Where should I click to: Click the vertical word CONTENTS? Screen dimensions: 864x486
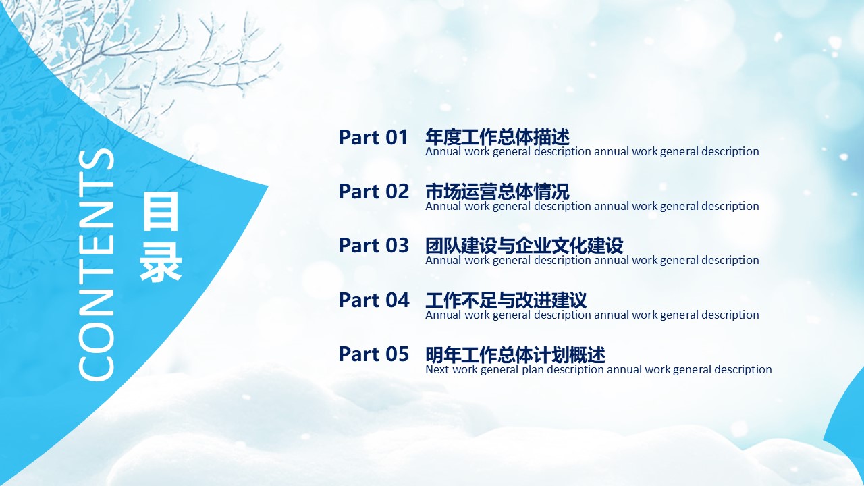coord(97,265)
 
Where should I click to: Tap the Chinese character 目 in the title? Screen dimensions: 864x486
coord(161,212)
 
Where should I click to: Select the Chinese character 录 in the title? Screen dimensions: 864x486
coord(161,262)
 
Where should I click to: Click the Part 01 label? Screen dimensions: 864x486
coord(373,137)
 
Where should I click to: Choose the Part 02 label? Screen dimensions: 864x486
coord(373,191)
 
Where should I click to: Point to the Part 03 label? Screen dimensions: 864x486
coord(373,245)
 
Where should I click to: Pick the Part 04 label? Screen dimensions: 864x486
coord(374,300)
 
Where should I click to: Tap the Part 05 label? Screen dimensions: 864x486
coord(373,354)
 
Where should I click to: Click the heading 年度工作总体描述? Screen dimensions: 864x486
coord(497,137)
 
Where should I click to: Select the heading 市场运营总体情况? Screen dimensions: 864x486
coord(497,191)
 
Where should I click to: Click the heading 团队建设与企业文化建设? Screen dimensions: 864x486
coord(524,246)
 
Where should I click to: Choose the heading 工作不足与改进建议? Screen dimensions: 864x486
coord(506,300)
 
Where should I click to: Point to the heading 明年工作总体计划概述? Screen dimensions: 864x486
coord(515,354)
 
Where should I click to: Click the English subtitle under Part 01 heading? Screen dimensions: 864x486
coord(592,152)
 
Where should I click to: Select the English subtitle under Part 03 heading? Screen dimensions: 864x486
coord(592,261)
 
